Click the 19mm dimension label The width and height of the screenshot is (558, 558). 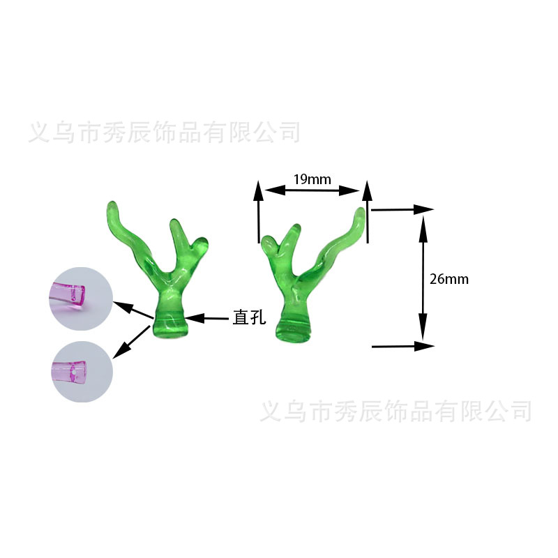pos(312,179)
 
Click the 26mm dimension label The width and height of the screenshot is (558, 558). pos(449,279)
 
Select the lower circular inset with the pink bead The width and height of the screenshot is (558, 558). pos(81,370)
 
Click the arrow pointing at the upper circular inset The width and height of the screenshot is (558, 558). pos(133,311)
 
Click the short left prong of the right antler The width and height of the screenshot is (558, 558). pos(267,244)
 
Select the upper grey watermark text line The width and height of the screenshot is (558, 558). pos(165,132)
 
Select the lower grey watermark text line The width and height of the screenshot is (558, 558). pos(395,410)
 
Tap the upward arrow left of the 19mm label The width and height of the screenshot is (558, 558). pos(258,209)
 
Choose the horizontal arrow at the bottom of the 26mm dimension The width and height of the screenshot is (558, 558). pos(403,345)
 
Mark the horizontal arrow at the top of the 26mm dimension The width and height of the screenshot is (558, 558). pos(403,209)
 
